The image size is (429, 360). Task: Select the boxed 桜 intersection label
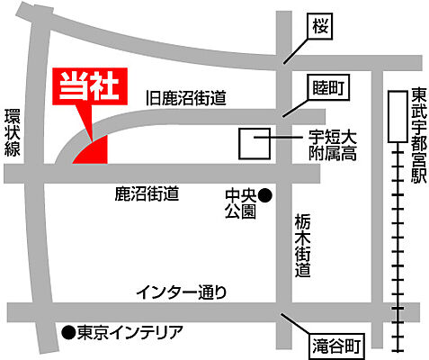tap(322, 28)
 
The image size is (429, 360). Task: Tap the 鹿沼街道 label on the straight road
tap(147, 193)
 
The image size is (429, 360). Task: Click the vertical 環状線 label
tap(11, 134)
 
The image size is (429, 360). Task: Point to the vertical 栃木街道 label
tap(304, 244)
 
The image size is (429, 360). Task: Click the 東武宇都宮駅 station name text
tap(418, 136)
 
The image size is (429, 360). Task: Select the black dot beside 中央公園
tap(265, 193)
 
